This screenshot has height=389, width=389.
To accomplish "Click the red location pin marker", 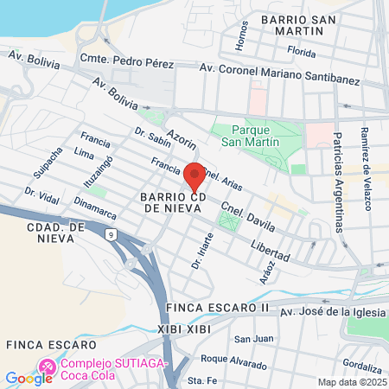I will [x=194, y=175].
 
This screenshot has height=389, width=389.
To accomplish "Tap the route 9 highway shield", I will [x=111, y=233].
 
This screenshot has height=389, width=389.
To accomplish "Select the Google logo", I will [x=29, y=378].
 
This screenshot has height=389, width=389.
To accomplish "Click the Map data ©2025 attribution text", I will [x=352, y=382].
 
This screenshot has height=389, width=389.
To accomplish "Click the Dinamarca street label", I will [x=93, y=206].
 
